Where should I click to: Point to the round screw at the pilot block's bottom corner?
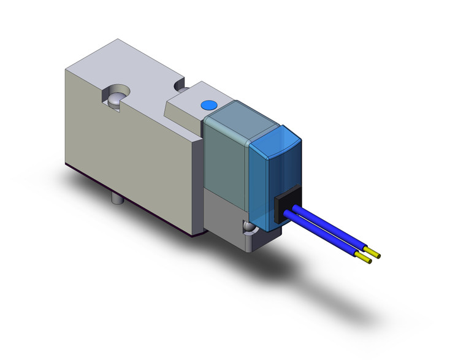tap(249, 229)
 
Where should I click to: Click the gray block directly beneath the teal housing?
tap(224, 212)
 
